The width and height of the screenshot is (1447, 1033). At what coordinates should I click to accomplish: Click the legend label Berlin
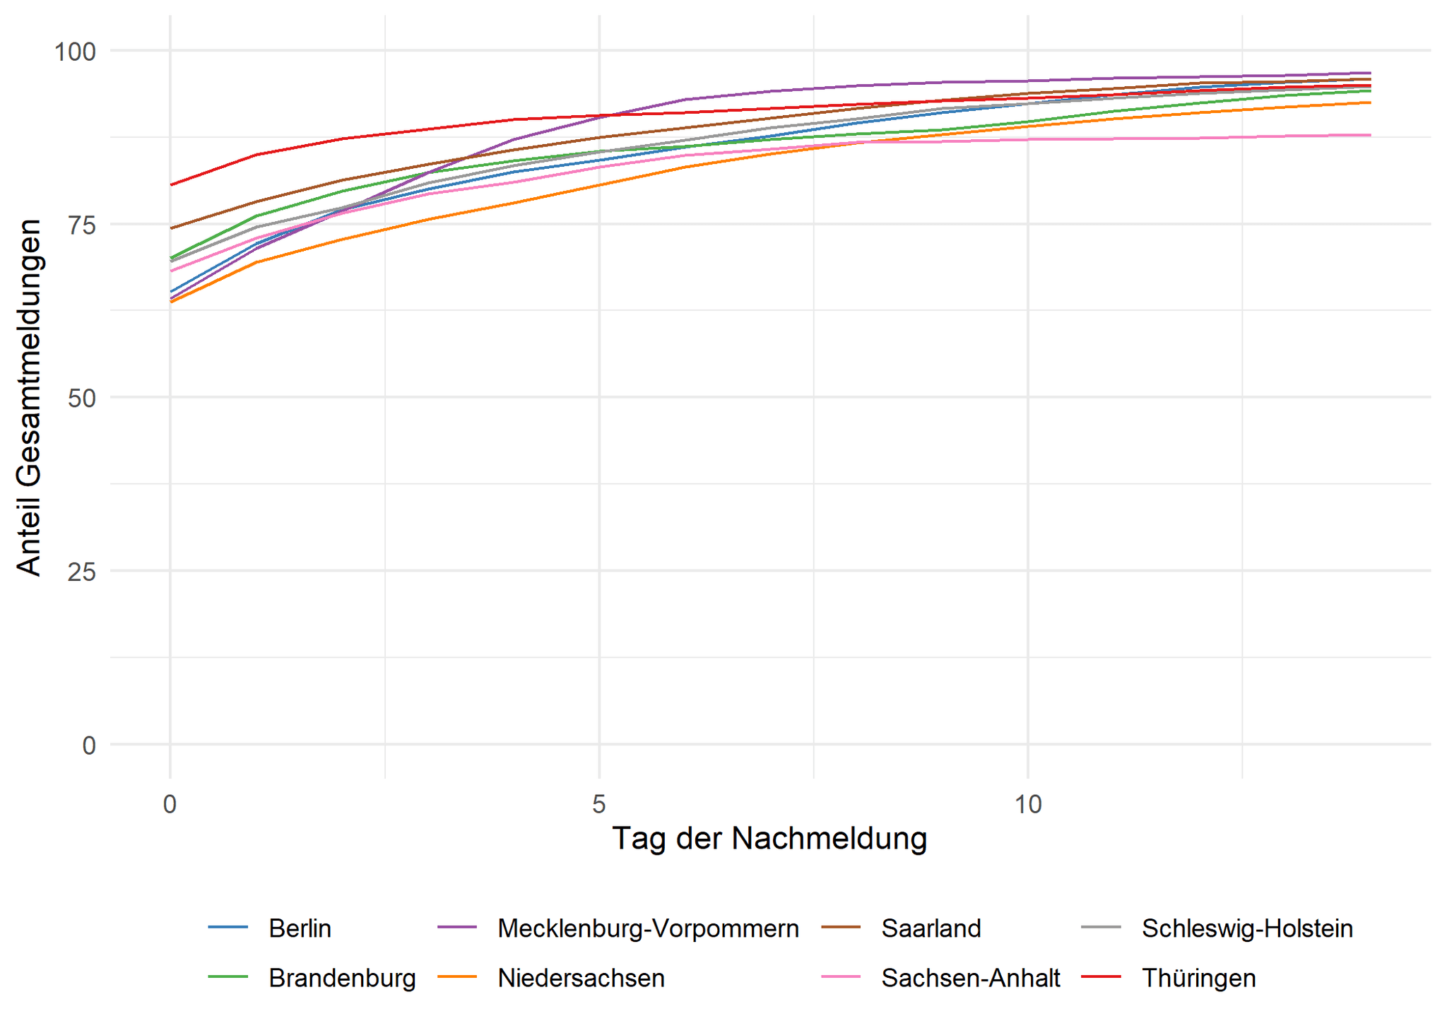[x=300, y=928]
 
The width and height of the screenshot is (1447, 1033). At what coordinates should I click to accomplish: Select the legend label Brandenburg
[x=342, y=979]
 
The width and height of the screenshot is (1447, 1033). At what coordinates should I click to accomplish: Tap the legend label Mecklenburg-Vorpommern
[x=648, y=928]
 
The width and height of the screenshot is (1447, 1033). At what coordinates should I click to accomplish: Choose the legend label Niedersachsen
[x=581, y=979]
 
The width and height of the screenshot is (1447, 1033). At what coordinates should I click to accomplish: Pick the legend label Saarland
[x=931, y=928]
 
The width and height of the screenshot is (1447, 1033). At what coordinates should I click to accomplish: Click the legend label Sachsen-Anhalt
[x=971, y=979]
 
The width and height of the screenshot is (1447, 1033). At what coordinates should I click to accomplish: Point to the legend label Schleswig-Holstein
[x=1247, y=928]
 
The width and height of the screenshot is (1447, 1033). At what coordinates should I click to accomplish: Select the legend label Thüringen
[x=1198, y=979]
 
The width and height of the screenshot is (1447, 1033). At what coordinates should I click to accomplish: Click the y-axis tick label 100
[x=75, y=52]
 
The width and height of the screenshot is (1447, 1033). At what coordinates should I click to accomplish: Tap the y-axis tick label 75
[x=81, y=225]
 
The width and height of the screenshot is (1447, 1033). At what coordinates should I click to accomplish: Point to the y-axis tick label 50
[x=81, y=399]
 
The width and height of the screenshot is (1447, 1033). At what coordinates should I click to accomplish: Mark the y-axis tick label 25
[x=81, y=572]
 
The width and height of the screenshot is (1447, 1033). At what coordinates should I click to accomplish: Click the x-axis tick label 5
[x=599, y=804]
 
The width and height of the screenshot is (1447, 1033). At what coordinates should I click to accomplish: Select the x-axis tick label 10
[x=1028, y=804]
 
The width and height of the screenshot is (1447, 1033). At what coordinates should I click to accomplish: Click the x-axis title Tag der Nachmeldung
[x=769, y=839]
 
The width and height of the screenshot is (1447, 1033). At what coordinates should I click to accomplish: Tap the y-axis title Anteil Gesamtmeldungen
[x=29, y=397]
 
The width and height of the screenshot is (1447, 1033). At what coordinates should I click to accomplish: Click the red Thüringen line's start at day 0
[x=171, y=185]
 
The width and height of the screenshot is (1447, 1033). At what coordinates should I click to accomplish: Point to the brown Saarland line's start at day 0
[x=171, y=228]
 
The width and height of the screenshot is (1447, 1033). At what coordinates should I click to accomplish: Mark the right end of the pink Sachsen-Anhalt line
[x=1370, y=135]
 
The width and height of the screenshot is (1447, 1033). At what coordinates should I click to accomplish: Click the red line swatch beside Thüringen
[x=1102, y=978]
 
